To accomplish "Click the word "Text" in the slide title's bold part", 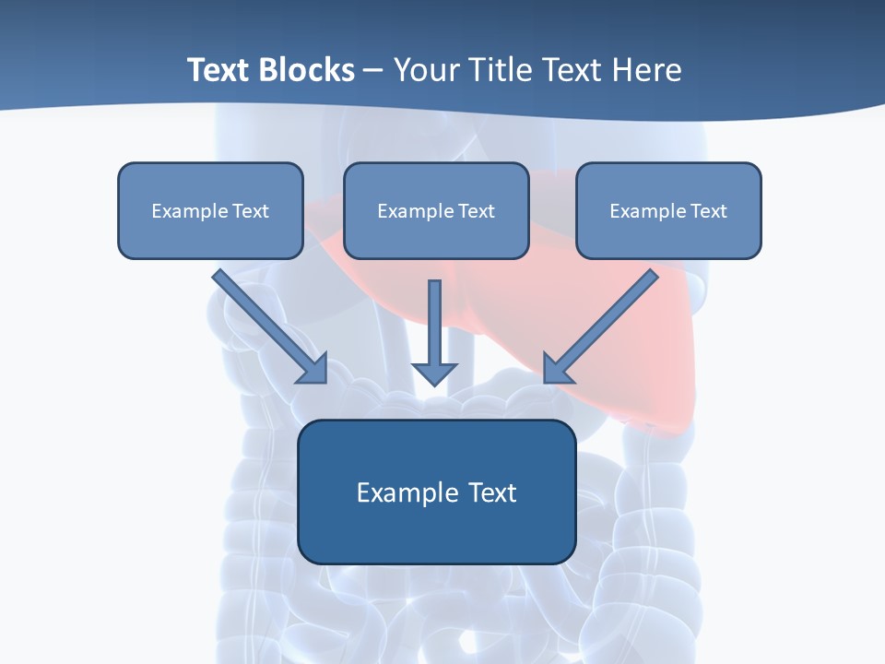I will [x=219, y=70].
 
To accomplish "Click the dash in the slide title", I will [x=373, y=72].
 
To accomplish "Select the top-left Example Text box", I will [x=210, y=210].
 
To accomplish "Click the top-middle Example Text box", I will [x=436, y=210].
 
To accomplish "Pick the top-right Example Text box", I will [x=668, y=210].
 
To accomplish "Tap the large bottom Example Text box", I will [x=436, y=492].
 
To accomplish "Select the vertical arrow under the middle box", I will [x=434, y=327].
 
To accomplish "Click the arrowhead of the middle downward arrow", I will [x=434, y=373].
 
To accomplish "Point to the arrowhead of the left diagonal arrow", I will [x=313, y=368].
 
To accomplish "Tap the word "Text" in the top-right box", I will [x=708, y=211].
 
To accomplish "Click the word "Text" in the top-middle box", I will [x=476, y=211].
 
